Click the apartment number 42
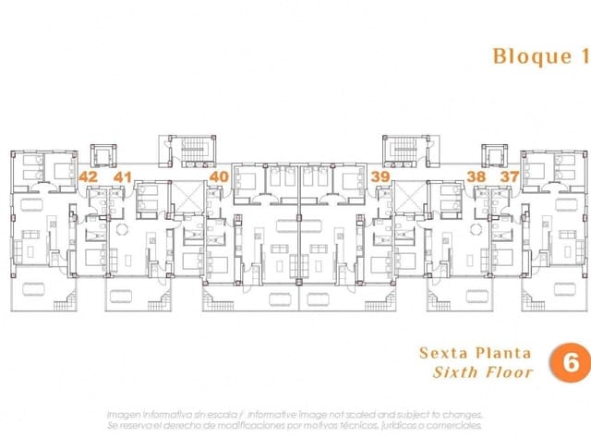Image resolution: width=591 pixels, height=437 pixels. click(89, 176)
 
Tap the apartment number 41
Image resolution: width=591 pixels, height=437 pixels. click(123, 176)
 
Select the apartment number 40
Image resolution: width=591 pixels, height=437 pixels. click(219, 176)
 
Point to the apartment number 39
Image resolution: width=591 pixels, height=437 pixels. click(379, 176)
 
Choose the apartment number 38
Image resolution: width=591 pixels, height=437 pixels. click(476, 176)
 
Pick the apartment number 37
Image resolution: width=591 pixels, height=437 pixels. click(509, 176)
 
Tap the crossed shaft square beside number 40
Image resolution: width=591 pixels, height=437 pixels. click(187, 196)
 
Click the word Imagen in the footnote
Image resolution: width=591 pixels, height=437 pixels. click(127, 415)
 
